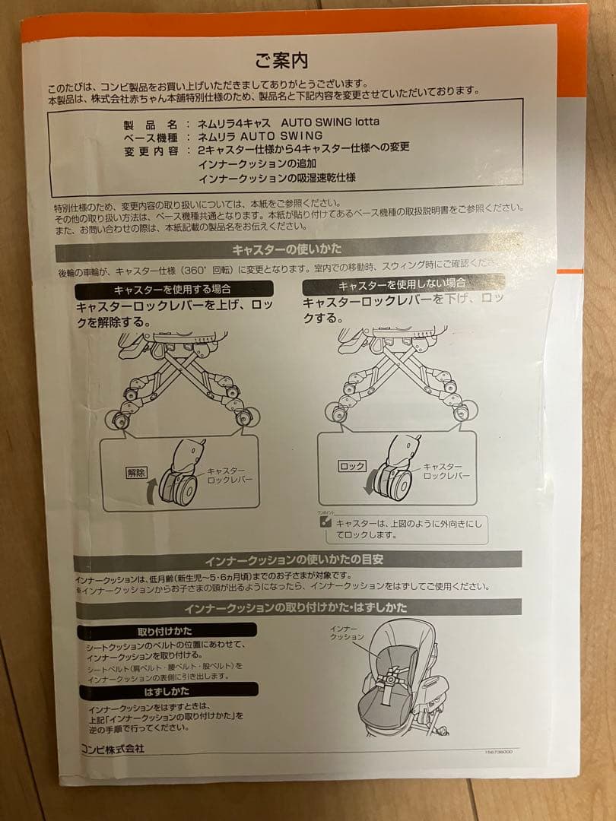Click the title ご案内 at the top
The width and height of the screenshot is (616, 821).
point(281,59)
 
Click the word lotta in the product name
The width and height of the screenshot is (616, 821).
point(362,122)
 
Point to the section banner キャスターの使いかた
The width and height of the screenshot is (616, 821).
point(287,249)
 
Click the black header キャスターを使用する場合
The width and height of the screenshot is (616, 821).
point(173,290)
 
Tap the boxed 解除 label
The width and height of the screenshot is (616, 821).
point(136,472)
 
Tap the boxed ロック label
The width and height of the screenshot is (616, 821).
point(352,466)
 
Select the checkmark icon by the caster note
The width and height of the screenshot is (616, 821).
point(325,522)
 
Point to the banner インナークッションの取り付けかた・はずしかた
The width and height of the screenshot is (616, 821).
point(297,608)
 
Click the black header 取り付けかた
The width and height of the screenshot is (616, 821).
point(166,631)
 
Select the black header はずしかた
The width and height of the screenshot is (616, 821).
point(166,691)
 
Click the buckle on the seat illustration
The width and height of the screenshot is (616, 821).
point(392,674)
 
